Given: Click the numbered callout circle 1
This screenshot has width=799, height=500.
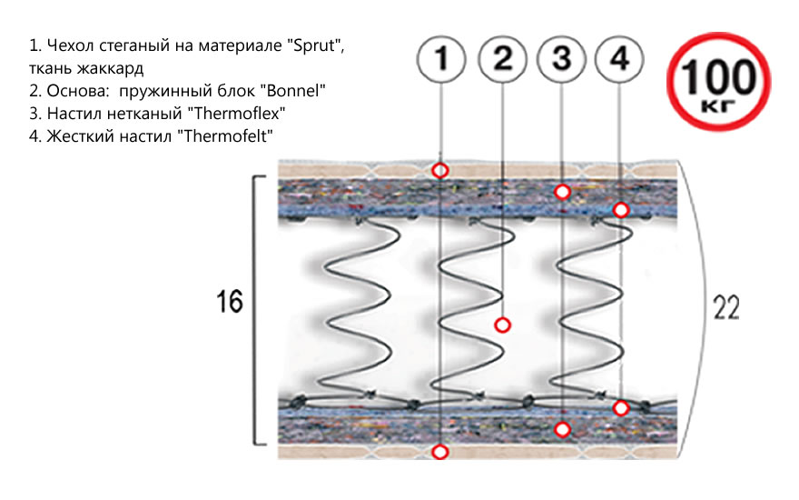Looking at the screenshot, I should [441, 60].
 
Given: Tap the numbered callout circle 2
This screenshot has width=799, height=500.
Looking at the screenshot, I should [503, 60].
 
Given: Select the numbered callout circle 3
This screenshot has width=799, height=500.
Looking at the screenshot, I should [562, 60].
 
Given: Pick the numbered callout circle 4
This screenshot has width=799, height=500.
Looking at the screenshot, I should [619, 60].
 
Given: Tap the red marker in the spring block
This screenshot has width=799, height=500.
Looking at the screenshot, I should [503, 325].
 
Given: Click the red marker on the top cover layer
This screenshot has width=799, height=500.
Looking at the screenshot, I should [441, 170].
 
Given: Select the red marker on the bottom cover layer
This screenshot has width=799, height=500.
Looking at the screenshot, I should [441, 452].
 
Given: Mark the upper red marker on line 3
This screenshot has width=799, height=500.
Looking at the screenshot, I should [562, 191].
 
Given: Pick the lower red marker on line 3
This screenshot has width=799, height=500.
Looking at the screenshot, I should [562, 429].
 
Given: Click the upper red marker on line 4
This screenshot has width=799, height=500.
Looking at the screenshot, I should [620, 210].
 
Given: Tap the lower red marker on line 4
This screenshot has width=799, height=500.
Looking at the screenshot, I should [620, 407].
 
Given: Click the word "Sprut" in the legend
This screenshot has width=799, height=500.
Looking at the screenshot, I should [316, 45].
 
